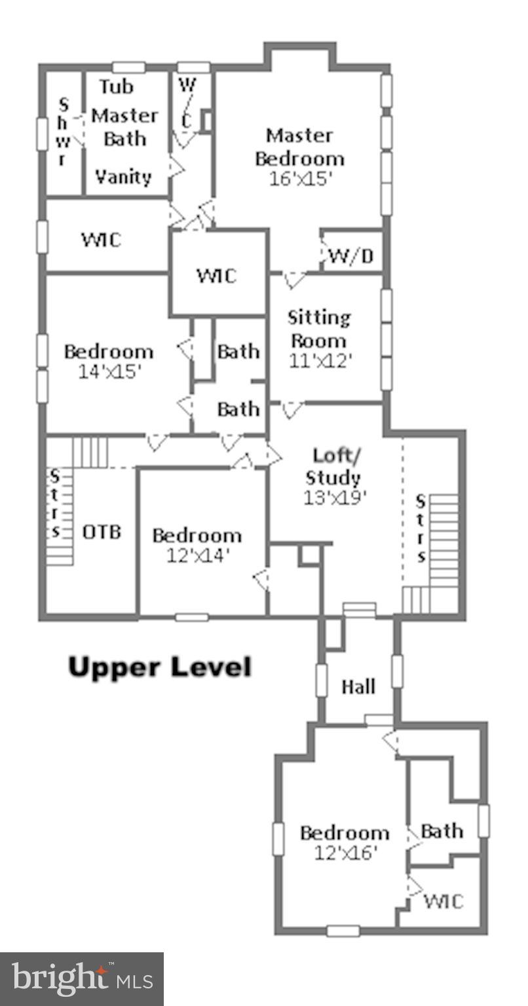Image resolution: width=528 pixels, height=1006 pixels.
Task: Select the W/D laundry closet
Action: (351, 255)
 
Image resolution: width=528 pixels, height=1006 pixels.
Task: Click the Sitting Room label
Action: (319, 329)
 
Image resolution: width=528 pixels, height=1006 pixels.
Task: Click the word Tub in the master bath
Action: (116, 86)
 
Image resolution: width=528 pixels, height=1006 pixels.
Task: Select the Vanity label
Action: (123, 176)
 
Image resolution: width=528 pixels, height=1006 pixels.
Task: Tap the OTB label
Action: (102, 532)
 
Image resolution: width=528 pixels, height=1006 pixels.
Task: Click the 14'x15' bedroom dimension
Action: (109, 371)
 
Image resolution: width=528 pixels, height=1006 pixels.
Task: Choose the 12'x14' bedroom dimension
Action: (197, 555)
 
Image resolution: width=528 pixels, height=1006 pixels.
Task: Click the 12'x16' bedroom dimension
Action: (345, 853)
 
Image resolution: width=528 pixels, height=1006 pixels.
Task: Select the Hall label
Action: (358, 686)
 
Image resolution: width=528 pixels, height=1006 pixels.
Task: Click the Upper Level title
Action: (160, 667)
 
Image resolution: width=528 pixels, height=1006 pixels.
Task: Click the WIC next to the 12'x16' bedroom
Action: (443, 901)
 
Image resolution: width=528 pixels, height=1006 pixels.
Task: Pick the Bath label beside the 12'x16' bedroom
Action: (442, 831)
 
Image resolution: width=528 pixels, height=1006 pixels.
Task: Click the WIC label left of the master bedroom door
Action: (101, 240)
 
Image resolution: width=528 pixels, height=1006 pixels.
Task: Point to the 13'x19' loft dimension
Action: (334, 497)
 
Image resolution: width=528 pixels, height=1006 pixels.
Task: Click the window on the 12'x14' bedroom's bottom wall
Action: (192, 617)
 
